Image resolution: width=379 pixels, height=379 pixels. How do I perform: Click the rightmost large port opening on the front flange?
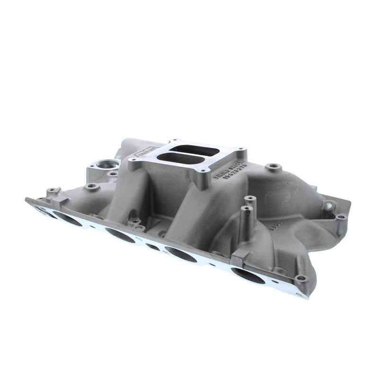point(248,276)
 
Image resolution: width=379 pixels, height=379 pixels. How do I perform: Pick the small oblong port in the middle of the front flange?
point(153,246)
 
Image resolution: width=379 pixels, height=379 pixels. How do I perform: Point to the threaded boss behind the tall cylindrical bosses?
point(272,167)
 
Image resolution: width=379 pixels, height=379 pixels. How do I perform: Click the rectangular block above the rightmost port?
point(239,256)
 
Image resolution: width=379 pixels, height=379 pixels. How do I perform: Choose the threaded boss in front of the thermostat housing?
point(92,187)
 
